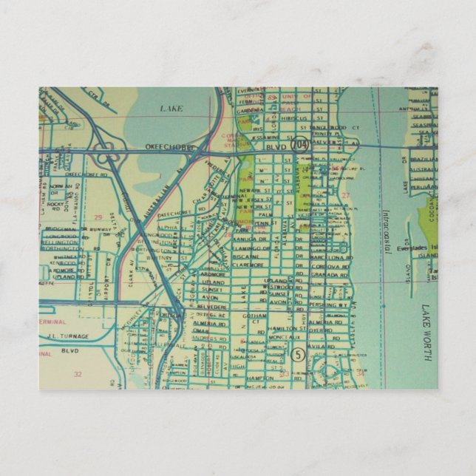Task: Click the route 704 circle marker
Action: (299, 145)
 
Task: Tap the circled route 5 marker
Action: (298, 353)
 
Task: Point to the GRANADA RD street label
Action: (326, 274)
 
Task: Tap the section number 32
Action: (78, 374)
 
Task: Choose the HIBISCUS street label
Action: (293, 117)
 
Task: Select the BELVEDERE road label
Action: (211, 304)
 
